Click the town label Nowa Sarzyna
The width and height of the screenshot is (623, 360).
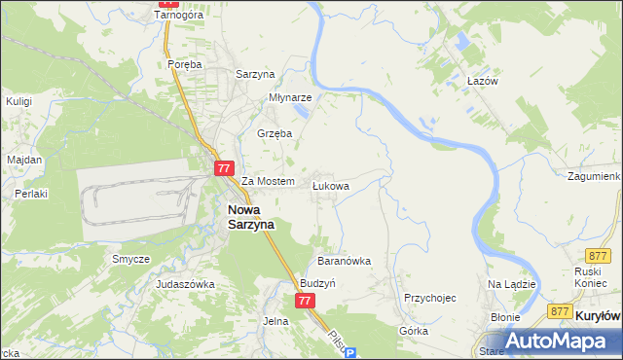251,216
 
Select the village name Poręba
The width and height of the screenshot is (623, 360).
184,64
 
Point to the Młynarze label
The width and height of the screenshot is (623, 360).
290,98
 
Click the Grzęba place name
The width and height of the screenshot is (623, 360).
275,133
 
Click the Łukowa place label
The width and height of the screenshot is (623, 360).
330,184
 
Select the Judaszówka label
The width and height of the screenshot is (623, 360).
185,284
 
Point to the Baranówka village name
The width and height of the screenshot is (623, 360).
345,261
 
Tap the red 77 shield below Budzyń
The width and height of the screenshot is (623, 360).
306,302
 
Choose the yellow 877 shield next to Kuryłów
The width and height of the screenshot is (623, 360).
559,311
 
